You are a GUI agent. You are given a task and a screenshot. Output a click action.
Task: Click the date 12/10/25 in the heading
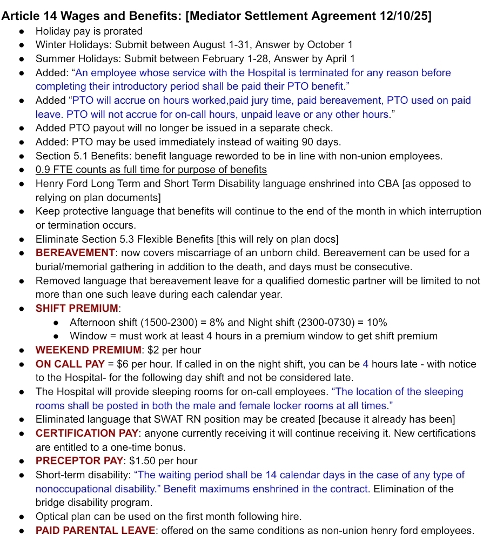406,16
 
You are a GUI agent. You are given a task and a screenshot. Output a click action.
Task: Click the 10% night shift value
377,323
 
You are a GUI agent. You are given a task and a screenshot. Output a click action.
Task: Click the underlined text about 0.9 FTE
151,170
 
